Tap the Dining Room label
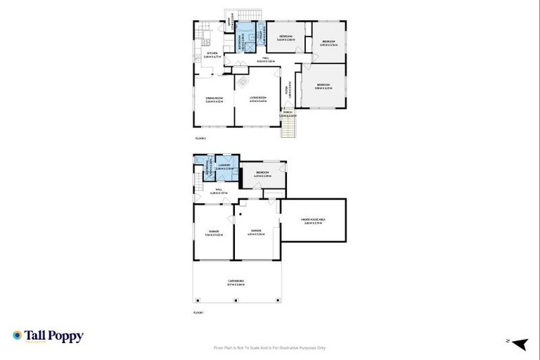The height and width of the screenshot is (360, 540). pos(214,99)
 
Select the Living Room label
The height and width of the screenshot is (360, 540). pos(257,99)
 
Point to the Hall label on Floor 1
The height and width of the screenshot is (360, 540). pos(219,191)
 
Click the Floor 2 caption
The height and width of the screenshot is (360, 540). pos(200,139)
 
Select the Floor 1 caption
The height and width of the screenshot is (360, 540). pos(199,311)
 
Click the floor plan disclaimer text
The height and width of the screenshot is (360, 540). pos(269,347)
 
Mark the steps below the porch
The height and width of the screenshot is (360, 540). pos(288,128)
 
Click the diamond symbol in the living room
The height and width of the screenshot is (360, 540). pos(255,81)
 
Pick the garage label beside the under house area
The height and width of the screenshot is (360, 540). pos(256,233)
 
